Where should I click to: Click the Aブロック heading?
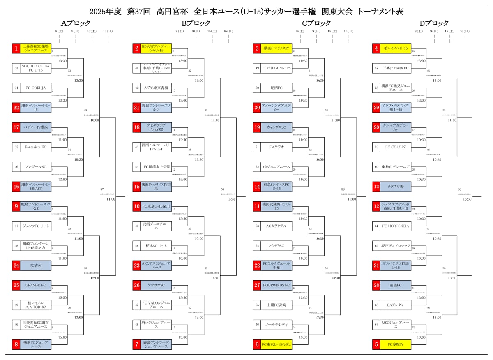coord(76,23)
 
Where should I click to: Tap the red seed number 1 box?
coord(16,48)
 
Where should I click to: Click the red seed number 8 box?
coord(16,344)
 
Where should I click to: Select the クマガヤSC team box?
coord(156,285)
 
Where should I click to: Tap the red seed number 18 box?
coord(137,127)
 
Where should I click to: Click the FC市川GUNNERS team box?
coord(276,68)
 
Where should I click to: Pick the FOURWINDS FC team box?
coord(276,285)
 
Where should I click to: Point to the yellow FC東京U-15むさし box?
coord(276,344)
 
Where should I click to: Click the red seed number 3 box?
coord(257,48)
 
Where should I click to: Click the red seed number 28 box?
coord(376,285)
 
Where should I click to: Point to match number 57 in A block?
coord(102,189)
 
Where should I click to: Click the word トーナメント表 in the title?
coord(380,12)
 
